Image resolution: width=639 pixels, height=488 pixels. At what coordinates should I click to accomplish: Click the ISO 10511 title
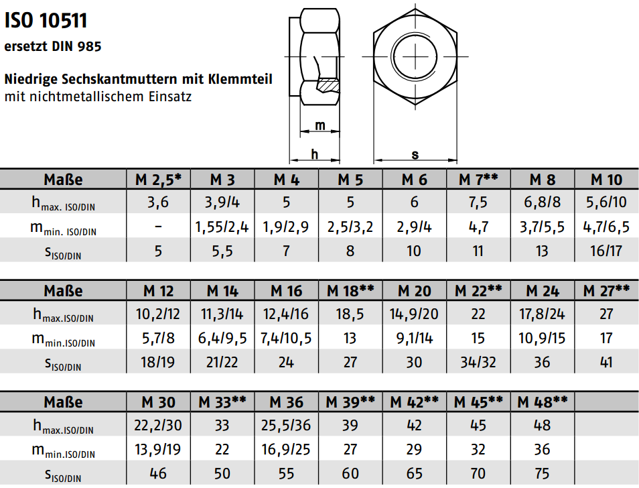point(46,20)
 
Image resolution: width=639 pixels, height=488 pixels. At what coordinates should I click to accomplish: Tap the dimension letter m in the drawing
point(320,125)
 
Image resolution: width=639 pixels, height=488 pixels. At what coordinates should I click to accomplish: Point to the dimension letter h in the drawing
point(314,154)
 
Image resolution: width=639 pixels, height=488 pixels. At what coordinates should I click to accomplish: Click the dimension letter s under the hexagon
point(415,155)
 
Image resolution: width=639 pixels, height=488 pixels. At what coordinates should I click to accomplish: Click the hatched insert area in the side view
point(328,85)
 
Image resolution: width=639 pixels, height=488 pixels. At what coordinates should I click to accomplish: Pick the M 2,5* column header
point(158,180)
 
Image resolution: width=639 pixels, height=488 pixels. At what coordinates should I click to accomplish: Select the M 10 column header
point(606,180)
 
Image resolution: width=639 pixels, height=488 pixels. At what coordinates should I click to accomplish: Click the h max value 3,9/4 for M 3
point(222,202)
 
